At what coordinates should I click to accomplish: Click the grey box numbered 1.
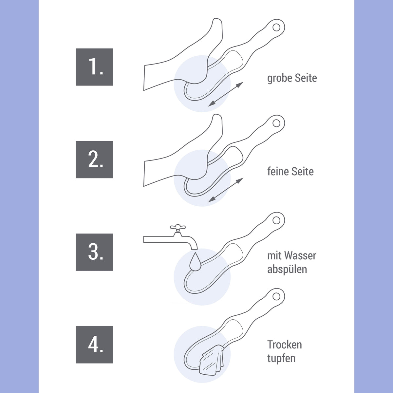[94, 67]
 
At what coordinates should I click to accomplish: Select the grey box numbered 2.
[94, 159]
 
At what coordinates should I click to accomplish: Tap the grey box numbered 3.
[94, 252]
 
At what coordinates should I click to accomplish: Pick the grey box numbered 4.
[94, 345]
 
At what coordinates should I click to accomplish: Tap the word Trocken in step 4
[285, 345]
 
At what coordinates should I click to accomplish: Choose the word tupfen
[281, 359]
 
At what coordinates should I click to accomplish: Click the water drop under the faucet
[195, 262]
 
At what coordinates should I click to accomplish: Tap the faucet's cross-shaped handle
[178, 227]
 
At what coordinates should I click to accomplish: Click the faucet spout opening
[194, 249]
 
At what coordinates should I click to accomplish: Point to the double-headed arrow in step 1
[226, 94]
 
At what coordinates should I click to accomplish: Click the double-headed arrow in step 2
[226, 190]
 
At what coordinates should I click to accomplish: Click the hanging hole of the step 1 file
[276, 27]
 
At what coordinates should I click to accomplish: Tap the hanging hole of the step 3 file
[276, 220]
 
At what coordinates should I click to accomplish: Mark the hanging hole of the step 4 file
[276, 297]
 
